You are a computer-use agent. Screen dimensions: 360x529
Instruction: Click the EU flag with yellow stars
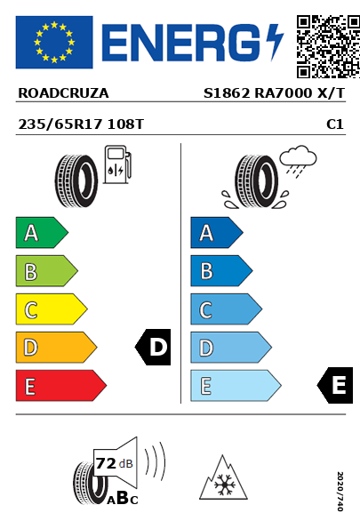(54, 42)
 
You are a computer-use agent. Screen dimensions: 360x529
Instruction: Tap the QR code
(328, 46)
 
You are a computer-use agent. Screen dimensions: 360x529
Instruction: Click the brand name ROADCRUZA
(63, 93)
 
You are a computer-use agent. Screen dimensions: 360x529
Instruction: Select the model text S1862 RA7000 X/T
(275, 93)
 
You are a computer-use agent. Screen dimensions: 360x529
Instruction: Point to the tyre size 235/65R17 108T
(81, 124)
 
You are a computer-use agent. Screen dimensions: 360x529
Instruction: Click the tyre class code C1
(335, 124)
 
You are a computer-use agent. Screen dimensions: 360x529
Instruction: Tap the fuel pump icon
(117, 164)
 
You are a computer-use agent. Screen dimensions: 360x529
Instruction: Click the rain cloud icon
(298, 161)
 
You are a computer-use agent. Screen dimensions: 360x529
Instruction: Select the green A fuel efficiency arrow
(42, 232)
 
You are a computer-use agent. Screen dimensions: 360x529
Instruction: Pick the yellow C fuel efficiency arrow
(52, 309)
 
